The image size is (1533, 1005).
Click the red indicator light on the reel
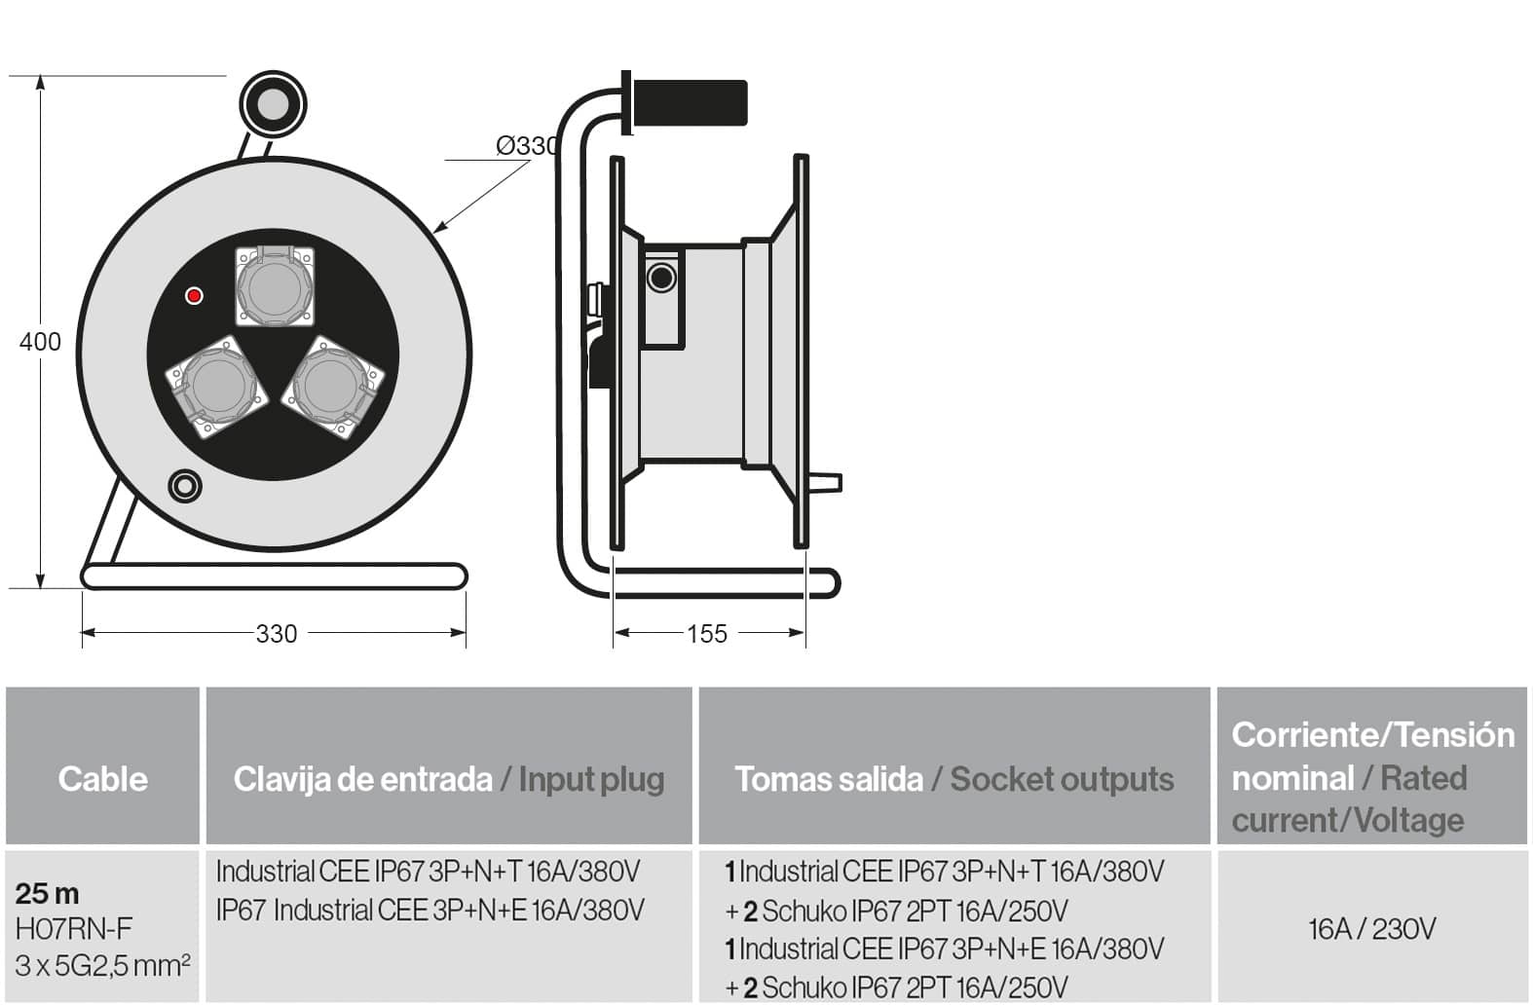pyautogui.click(x=194, y=295)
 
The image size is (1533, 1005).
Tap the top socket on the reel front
pyautogui.click(x=276, y=286)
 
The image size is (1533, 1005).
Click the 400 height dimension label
pyautogui.click(x=40, y=342)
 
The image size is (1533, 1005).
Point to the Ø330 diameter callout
pyautogui.click(x=527, y=146)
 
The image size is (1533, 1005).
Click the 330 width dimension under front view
pyautogui.click(x=276, y=634)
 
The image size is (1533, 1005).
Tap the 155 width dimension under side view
pyautogui.click(x=707, y=634)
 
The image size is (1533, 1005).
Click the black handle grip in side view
pyautogui.click(x=689, y=102)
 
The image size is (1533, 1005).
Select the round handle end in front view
pyautogui.click(x=273, y=104)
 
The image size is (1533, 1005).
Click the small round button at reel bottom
pyautogui.click(x=184, y=485)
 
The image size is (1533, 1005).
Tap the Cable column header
pyautogui.click(x=102, y=778)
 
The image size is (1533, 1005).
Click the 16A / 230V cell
pyautogui.click(x=1371, y=929)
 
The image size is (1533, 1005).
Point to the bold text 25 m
pyautogui.click(x=48, y=893)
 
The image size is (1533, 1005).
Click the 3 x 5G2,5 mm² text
pyautogui.click(x=102, y=966)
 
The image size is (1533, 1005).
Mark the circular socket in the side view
pyautogui.click(x=661, y=278)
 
